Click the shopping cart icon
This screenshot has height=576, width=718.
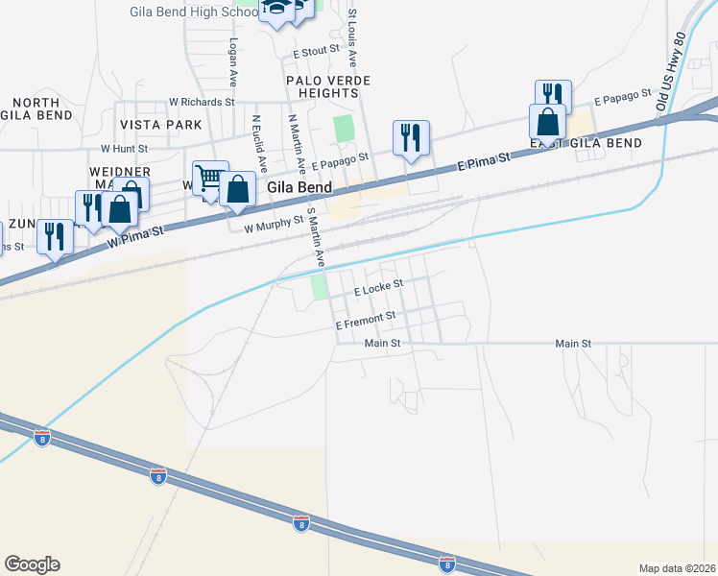coord(210,177)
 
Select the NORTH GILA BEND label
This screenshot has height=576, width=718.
coord(36,108)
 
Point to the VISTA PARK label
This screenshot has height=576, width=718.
coord(161,125)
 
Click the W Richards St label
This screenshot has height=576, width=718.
coord(202,101)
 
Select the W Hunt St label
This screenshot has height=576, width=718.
coord(124,149)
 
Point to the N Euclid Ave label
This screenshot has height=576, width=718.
coord(256,139)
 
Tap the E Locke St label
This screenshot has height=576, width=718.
coord(377,285)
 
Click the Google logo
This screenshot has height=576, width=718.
coord(32,564)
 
